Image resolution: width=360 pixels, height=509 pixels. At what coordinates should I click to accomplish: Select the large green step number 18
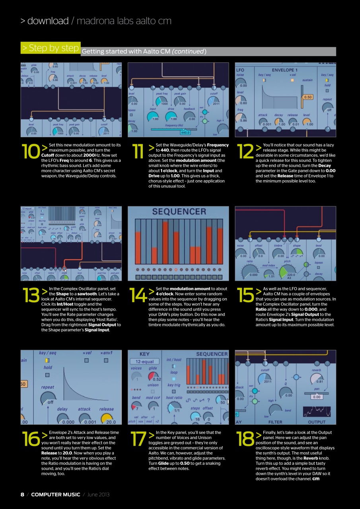pos(245,439)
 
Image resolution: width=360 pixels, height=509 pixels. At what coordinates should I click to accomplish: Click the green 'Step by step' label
pos(51,48)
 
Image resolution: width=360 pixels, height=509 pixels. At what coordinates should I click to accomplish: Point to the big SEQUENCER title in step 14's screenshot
pos(179,212)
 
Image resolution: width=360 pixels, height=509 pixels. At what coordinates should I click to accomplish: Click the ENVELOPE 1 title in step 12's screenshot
pos(284,70)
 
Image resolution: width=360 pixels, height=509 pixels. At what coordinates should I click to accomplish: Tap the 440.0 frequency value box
pos(185,132)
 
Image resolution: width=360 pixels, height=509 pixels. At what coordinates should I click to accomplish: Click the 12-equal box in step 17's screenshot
pos(144,361)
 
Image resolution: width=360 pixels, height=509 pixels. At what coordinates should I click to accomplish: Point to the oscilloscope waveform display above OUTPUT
pos(317,412)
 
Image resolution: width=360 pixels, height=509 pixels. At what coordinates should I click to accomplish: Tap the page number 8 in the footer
pos(22,494)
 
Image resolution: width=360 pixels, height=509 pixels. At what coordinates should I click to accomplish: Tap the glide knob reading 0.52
pos(154,375)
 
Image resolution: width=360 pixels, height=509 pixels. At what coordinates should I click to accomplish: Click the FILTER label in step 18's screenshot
pos(275,422)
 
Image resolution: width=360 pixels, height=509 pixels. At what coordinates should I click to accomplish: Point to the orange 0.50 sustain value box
pos(307,97)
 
